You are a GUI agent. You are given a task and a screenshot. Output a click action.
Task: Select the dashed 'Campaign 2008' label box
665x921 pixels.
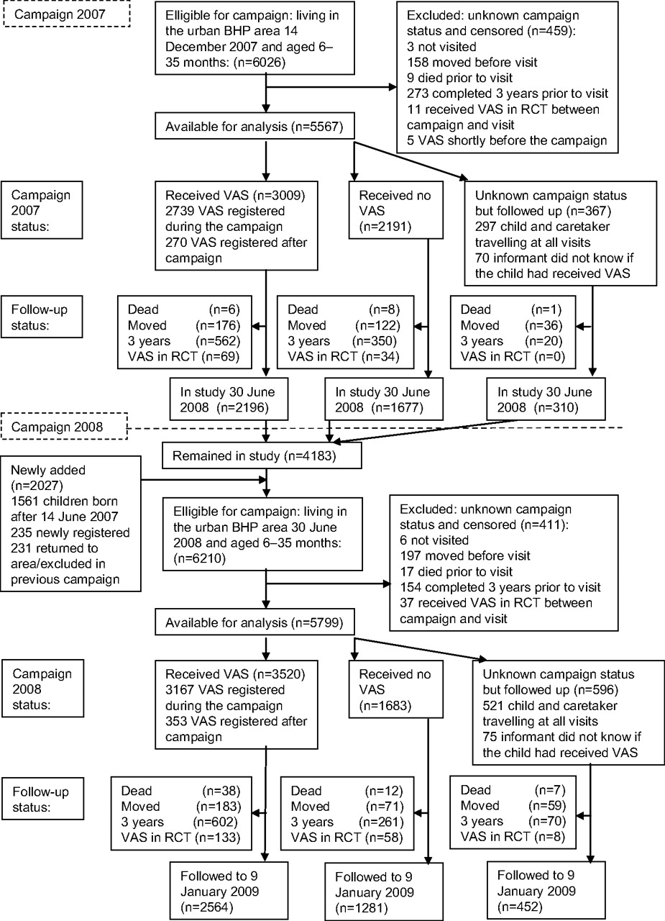click(x=64, y=427)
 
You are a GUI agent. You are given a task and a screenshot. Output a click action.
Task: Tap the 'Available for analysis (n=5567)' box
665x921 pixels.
click(x=254, y=127)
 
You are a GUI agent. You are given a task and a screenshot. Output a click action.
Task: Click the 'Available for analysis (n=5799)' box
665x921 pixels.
click(x=254, y=622)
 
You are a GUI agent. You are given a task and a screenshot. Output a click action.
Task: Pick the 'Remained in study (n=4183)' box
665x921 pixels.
click(x=262, y=455)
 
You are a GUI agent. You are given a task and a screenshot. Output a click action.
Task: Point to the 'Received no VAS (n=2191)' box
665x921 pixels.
click(x=396, y=210)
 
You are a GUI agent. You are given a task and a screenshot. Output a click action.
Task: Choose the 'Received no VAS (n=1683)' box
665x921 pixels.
click(x=396, y=689)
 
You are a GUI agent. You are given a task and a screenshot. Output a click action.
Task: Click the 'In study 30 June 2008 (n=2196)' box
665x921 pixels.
click(x=229, y=399)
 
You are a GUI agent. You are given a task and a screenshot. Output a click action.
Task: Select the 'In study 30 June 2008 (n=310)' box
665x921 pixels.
click(x=546, y=399)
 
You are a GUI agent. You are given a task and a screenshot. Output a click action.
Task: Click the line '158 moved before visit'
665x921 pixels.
click(x=472, y=63)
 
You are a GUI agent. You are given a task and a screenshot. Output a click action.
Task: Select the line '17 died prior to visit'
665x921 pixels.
click(x=457, y=571)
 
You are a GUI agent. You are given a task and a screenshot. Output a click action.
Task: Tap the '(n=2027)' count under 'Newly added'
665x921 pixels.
click(x=37, y=486)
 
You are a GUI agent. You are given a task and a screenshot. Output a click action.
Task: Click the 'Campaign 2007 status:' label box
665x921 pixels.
click(x=42, y=210)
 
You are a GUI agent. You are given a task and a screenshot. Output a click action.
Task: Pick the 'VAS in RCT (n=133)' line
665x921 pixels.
click(x=180, y=837)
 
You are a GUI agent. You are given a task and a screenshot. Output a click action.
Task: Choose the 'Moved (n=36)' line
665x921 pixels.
click(x=511, y=325)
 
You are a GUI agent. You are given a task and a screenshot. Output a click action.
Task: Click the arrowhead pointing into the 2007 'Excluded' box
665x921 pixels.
click(x=393, y=87)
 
